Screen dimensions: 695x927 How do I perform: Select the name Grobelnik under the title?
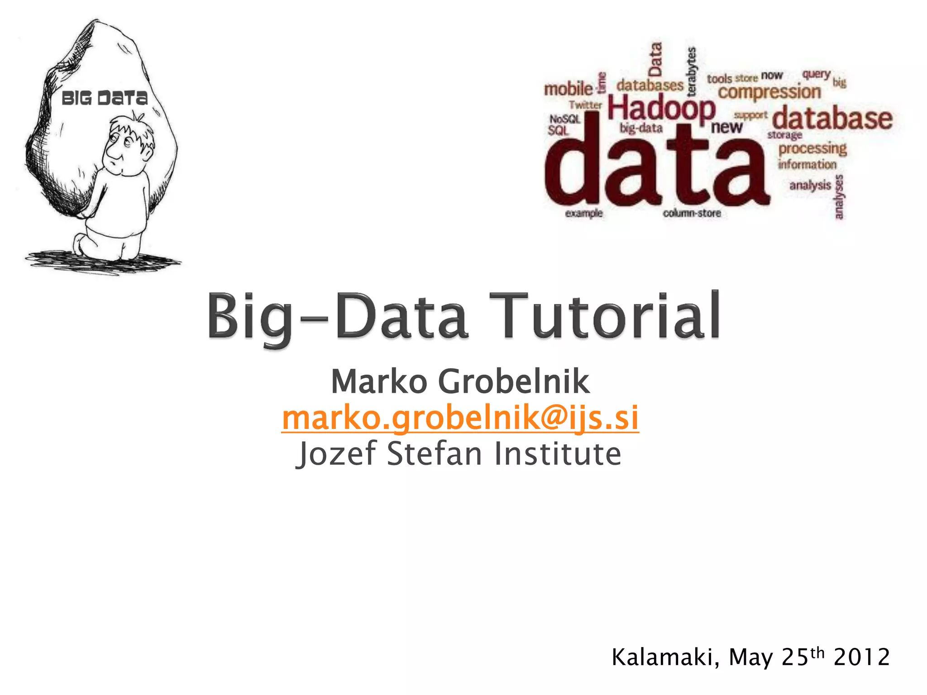[513, 381]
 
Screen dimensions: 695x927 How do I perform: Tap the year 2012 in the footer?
[861, 657]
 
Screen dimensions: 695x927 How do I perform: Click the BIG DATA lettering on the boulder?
[105, 98]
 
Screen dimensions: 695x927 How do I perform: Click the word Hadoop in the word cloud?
[661, 109]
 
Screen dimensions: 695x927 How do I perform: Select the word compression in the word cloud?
[769, 92]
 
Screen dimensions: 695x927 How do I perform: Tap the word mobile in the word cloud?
[568, 89]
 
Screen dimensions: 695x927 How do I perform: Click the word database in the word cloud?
[832, 118]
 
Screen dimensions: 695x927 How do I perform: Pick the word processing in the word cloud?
[812, 148]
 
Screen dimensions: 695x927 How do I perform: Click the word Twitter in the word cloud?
[585, 105]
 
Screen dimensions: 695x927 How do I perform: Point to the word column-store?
[692, 213]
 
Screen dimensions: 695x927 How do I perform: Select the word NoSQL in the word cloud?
[565, 119]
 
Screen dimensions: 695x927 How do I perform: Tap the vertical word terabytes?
[691, 71]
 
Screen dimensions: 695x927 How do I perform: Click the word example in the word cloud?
[583, 213]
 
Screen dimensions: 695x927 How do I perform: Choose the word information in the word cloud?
[807, 164]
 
